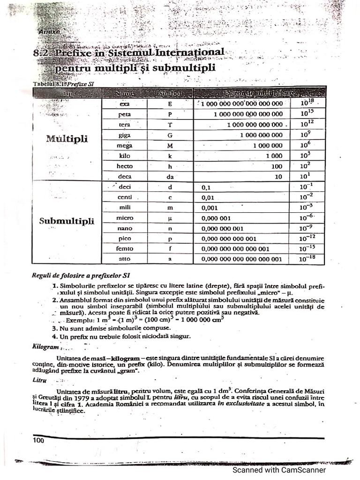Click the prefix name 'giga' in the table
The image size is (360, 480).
tap(125, 135)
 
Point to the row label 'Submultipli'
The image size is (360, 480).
tap(67, 221)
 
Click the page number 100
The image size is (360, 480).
tap(38, 440)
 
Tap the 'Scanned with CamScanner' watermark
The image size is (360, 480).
tap(280, 470)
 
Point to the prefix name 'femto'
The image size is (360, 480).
tap(125, 248)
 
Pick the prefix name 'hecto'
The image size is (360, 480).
tap(125, 166)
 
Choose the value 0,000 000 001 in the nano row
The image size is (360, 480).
tap(222, 228)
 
